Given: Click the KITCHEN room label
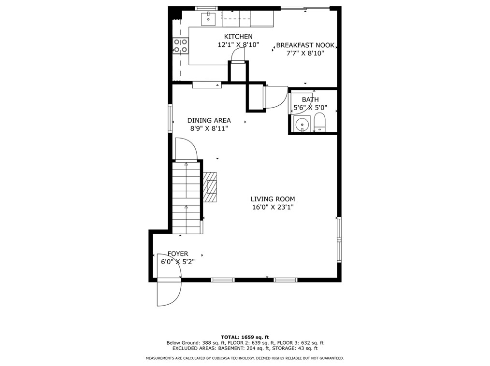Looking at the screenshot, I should click(238, 37).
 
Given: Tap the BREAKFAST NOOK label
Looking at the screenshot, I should click(305, 45).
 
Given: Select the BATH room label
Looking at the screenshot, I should click(310, 99).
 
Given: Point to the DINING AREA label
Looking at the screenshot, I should click(209, 120).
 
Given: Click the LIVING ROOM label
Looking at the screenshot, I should click(273, 199).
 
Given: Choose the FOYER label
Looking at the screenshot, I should click(178, 253).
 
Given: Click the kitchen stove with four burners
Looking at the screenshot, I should click(181, 45).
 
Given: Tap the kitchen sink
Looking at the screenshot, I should click(208, 19).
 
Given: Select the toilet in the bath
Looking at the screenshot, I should click(320, 122).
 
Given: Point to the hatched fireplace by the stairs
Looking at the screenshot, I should click(210, 186).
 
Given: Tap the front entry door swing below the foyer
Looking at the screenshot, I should click(169, 293).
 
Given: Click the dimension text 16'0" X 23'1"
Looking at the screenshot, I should click(273, 207).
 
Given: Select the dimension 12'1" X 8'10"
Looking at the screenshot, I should click(238, 45).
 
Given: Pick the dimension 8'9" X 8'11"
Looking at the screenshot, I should click(209, 128).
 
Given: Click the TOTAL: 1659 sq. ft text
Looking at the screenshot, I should click(245, 337).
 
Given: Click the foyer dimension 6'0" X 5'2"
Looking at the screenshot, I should click(178, 262).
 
